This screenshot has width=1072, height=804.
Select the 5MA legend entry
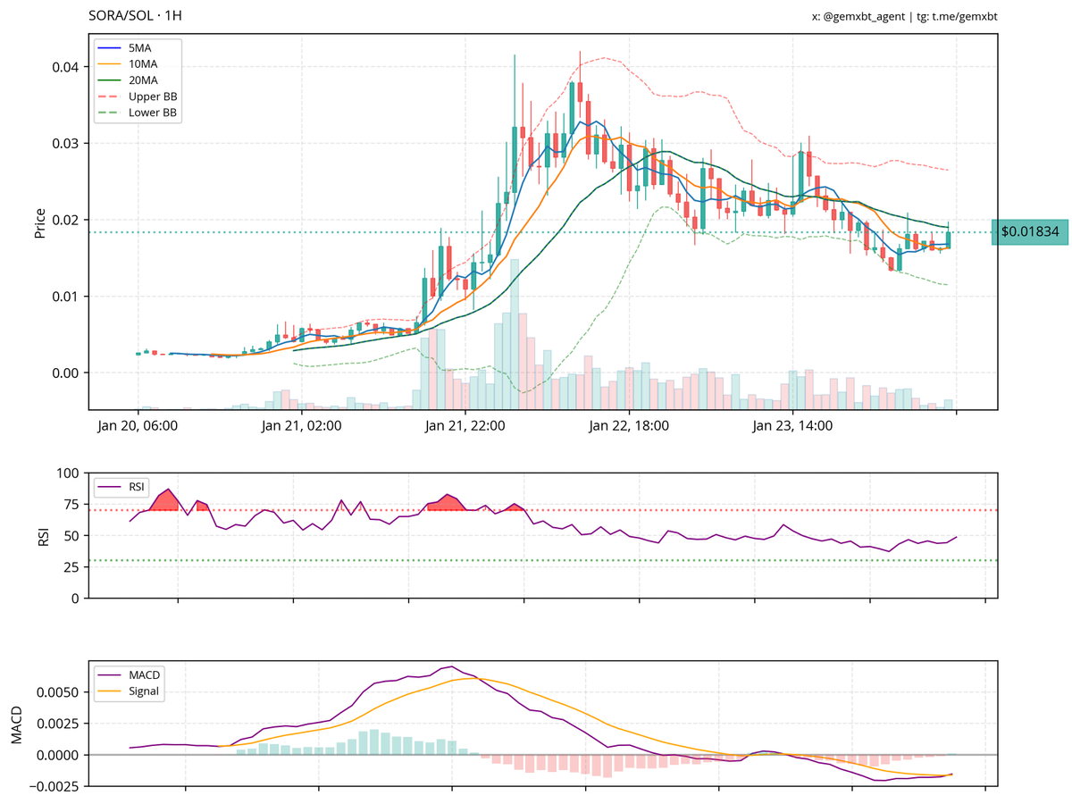tap(139, 47)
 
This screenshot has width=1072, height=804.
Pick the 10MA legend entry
tap(143, 64)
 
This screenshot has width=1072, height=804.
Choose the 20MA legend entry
tap(143, 80)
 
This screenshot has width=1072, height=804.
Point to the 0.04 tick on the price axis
tap(67, 67)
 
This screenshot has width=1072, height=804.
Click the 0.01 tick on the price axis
tap(67, 296)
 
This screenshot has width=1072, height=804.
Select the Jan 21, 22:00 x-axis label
tap(465, 426)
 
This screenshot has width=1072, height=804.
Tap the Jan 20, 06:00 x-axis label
tap(138, 426)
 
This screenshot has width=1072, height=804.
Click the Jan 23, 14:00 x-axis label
tap(793, 426)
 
